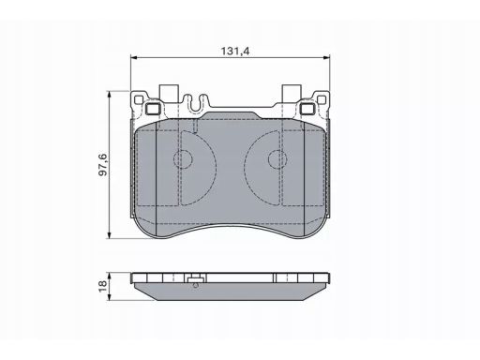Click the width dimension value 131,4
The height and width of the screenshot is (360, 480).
[x=235, y=51]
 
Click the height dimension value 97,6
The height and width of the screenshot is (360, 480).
[x=103, y=164]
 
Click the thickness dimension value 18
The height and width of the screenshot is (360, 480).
[x=102, y=286]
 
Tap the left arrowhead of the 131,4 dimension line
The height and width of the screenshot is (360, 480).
[x=134, y=57]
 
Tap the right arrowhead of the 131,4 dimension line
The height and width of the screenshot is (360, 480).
[x=326, y=57]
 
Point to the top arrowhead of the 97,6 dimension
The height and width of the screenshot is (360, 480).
[x=109, y=95]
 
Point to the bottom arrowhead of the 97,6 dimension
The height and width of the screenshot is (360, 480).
[x=109, y=235]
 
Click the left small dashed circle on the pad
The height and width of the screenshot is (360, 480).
[x=183, y=159]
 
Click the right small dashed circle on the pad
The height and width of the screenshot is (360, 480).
[x=277, y=159]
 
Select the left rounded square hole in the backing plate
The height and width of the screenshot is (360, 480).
[x=154, y=109]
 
